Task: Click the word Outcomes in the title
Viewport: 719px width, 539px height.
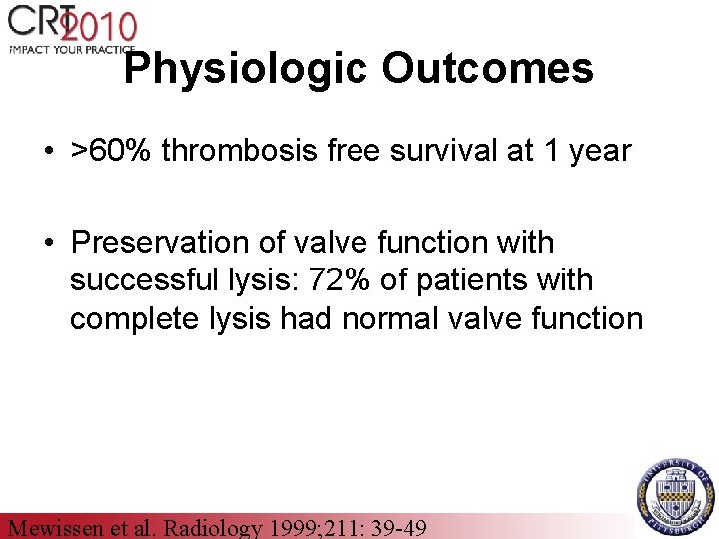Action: point(487,68)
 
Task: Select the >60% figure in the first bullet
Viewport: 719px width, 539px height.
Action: point(112,151)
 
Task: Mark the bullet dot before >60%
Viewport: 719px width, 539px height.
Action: point(49,152)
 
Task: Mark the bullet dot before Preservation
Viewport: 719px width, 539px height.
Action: point(49,243)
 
